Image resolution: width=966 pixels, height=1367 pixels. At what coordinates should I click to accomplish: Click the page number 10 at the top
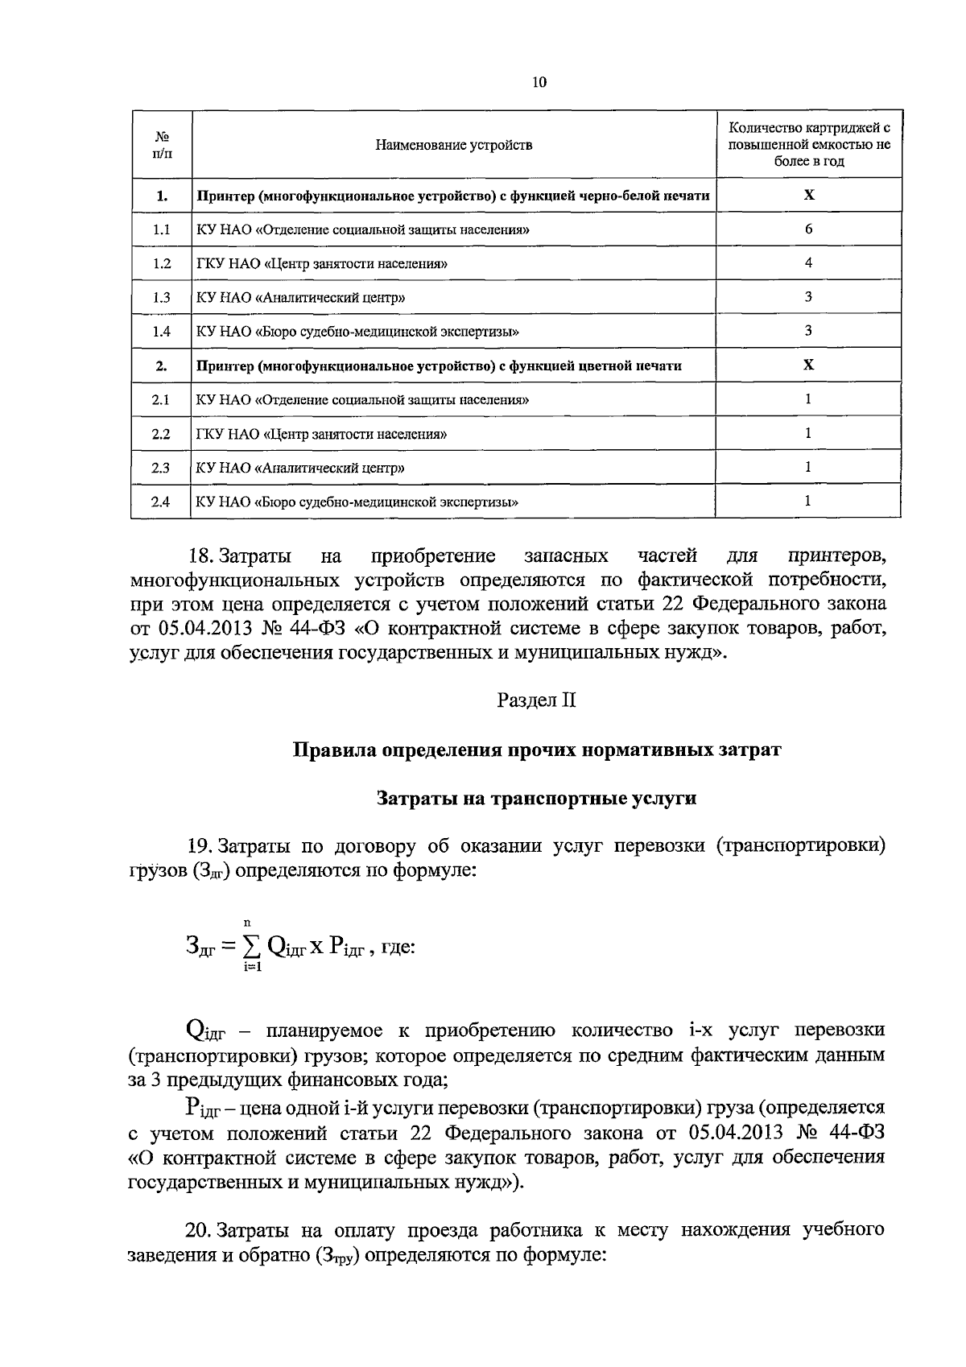[x=539, y=81]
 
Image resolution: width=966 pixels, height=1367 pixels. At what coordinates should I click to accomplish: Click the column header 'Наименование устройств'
[x=453, y=145]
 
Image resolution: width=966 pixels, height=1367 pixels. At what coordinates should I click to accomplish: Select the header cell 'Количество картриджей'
[x=808, y=144]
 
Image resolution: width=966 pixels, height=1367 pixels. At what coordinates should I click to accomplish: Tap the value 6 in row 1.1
[x=808, y=229]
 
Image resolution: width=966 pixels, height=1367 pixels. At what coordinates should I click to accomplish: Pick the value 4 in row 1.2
[x=808, y=262]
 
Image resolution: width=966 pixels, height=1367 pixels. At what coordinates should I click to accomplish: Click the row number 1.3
[x=161, y=297]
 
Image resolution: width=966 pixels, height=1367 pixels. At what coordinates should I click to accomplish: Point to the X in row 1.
[x=808, y=195]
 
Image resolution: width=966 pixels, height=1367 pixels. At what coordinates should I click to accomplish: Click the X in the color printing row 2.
[x=808, y=365]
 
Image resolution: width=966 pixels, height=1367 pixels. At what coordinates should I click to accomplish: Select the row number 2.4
[x=161, y=502]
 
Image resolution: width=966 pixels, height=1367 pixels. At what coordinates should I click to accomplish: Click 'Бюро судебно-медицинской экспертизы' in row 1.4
[x=386, y=332]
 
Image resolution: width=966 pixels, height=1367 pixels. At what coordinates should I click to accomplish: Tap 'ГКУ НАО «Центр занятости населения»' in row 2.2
[x=321, y=434]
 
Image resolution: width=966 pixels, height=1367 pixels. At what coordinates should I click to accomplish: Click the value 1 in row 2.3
[x=808, y=467]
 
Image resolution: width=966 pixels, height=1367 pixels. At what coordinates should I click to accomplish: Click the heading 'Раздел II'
[x=536, y=700]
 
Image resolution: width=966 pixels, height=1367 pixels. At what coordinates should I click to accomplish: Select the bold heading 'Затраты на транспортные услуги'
[x=536, y=799]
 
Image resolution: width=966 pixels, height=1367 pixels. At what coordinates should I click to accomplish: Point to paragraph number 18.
[x=198, y=556]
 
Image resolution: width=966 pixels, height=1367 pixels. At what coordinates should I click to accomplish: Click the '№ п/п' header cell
[x=161, y=145]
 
